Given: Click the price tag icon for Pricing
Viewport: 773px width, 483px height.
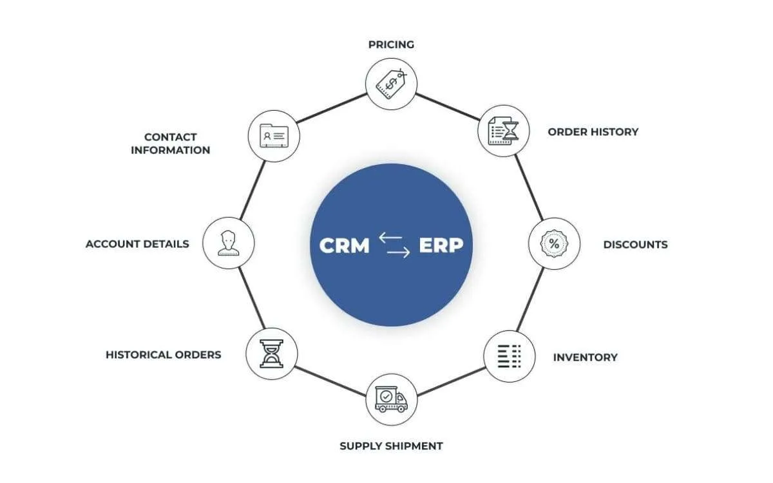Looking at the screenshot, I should click(x=391, y=83).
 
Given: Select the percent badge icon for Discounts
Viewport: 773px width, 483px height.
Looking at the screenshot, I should click(x=554, y=244).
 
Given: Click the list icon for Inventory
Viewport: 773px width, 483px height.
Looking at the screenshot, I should click(x=510, y=357).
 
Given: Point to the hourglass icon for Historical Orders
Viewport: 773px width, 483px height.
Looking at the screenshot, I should click(x=272, y=354).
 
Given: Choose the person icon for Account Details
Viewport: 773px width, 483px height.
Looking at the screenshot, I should click(x=228, y=243).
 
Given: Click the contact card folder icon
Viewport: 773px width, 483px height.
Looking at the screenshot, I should click(x=274, y=136).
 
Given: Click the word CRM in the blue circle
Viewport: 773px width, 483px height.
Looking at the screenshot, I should click(x=345, y=246).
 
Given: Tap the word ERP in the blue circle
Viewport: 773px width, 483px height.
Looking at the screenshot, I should click(x=441, y=246).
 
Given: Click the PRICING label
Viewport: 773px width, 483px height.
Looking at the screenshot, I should click(x=391, y=44).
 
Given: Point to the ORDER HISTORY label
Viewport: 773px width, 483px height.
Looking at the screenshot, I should click(x=593, y=131).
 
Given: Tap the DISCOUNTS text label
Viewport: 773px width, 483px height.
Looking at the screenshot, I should click(x=635, y=245).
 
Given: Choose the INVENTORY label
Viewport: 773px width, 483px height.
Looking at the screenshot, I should click(x=585, y=357).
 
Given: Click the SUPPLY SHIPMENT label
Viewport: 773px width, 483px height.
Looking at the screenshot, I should click(x=391, y=446).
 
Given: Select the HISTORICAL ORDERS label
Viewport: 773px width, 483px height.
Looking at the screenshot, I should click(x=163, y=354).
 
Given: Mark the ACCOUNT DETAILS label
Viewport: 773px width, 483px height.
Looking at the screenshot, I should click(x=137, y=244).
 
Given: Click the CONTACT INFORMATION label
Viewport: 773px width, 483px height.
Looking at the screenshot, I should click(x=170, y=144).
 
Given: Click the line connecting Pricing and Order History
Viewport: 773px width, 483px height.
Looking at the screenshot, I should click(x=447, y=107).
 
